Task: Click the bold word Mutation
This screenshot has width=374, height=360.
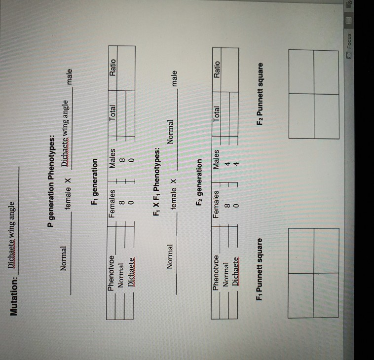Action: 14,296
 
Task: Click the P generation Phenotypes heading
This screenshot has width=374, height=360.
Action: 51,181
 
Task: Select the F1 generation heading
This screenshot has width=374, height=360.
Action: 95,181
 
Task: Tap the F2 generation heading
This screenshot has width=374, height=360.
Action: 199,182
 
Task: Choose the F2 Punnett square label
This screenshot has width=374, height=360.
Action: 260,94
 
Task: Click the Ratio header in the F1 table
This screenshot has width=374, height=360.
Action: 112,68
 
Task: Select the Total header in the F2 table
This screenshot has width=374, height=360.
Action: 217,114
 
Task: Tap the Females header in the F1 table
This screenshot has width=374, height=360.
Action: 112,204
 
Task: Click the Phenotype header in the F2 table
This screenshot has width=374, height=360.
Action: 216,273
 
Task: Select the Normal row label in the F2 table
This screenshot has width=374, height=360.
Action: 225,275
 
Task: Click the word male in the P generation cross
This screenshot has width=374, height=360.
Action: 69,77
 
